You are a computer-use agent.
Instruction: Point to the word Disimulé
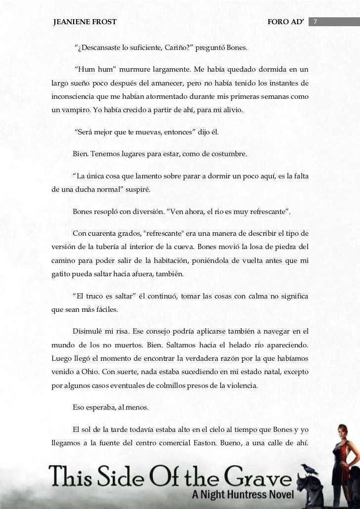click(90, 331)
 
